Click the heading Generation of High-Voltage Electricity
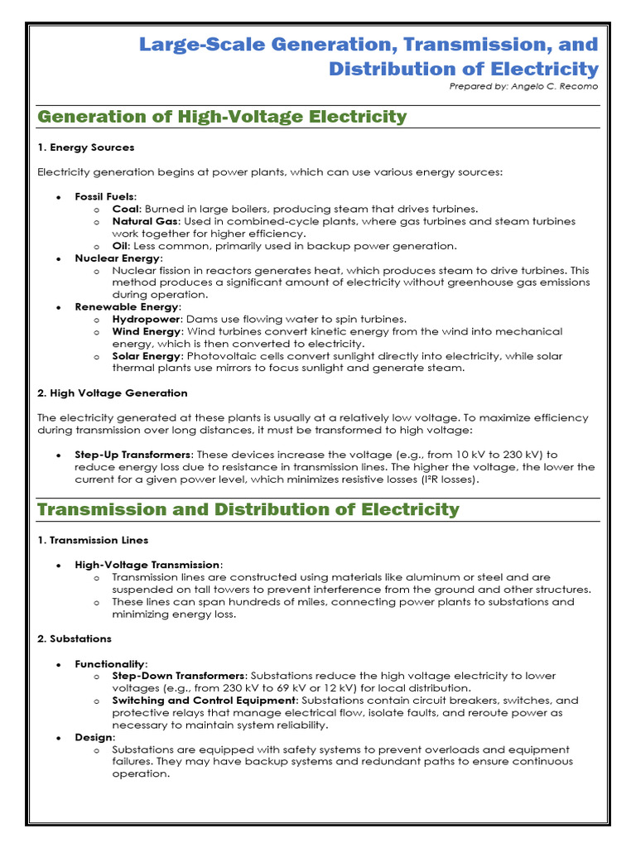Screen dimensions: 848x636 pyautogui.click(x=222, y=117)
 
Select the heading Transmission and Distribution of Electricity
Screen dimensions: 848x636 pyautogui.click(x=248, y=509)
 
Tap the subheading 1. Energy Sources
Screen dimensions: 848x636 pyautogui.click(x=86, y=147)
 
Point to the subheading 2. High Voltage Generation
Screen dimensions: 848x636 pyautogui.click(x=113, y=393)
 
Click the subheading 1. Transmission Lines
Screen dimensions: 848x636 pyautogui.click(x=93, y=540)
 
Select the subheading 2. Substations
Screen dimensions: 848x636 pyautogui.click(x=75, y=638)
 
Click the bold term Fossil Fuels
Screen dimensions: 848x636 pyautogui.click(x=105, y=197)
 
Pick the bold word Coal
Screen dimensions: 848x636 pyautogui.click(x=126, y=209)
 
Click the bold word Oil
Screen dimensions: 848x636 pyautogui.click(x=121, y=246)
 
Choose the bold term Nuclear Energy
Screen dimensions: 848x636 pyautogui.click(x=116, y=258)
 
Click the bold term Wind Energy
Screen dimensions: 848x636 pyautogui.click(x=147, y=331)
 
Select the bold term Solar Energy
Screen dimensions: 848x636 pyautogui.click(x=147, y=356)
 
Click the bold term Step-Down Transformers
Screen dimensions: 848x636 pyautogui.click(x=179, y=676)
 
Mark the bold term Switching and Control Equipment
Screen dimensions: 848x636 pyautogui.click(x=203, y=700)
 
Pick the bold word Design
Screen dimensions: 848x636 pyautogui.click(x=94, y=737)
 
